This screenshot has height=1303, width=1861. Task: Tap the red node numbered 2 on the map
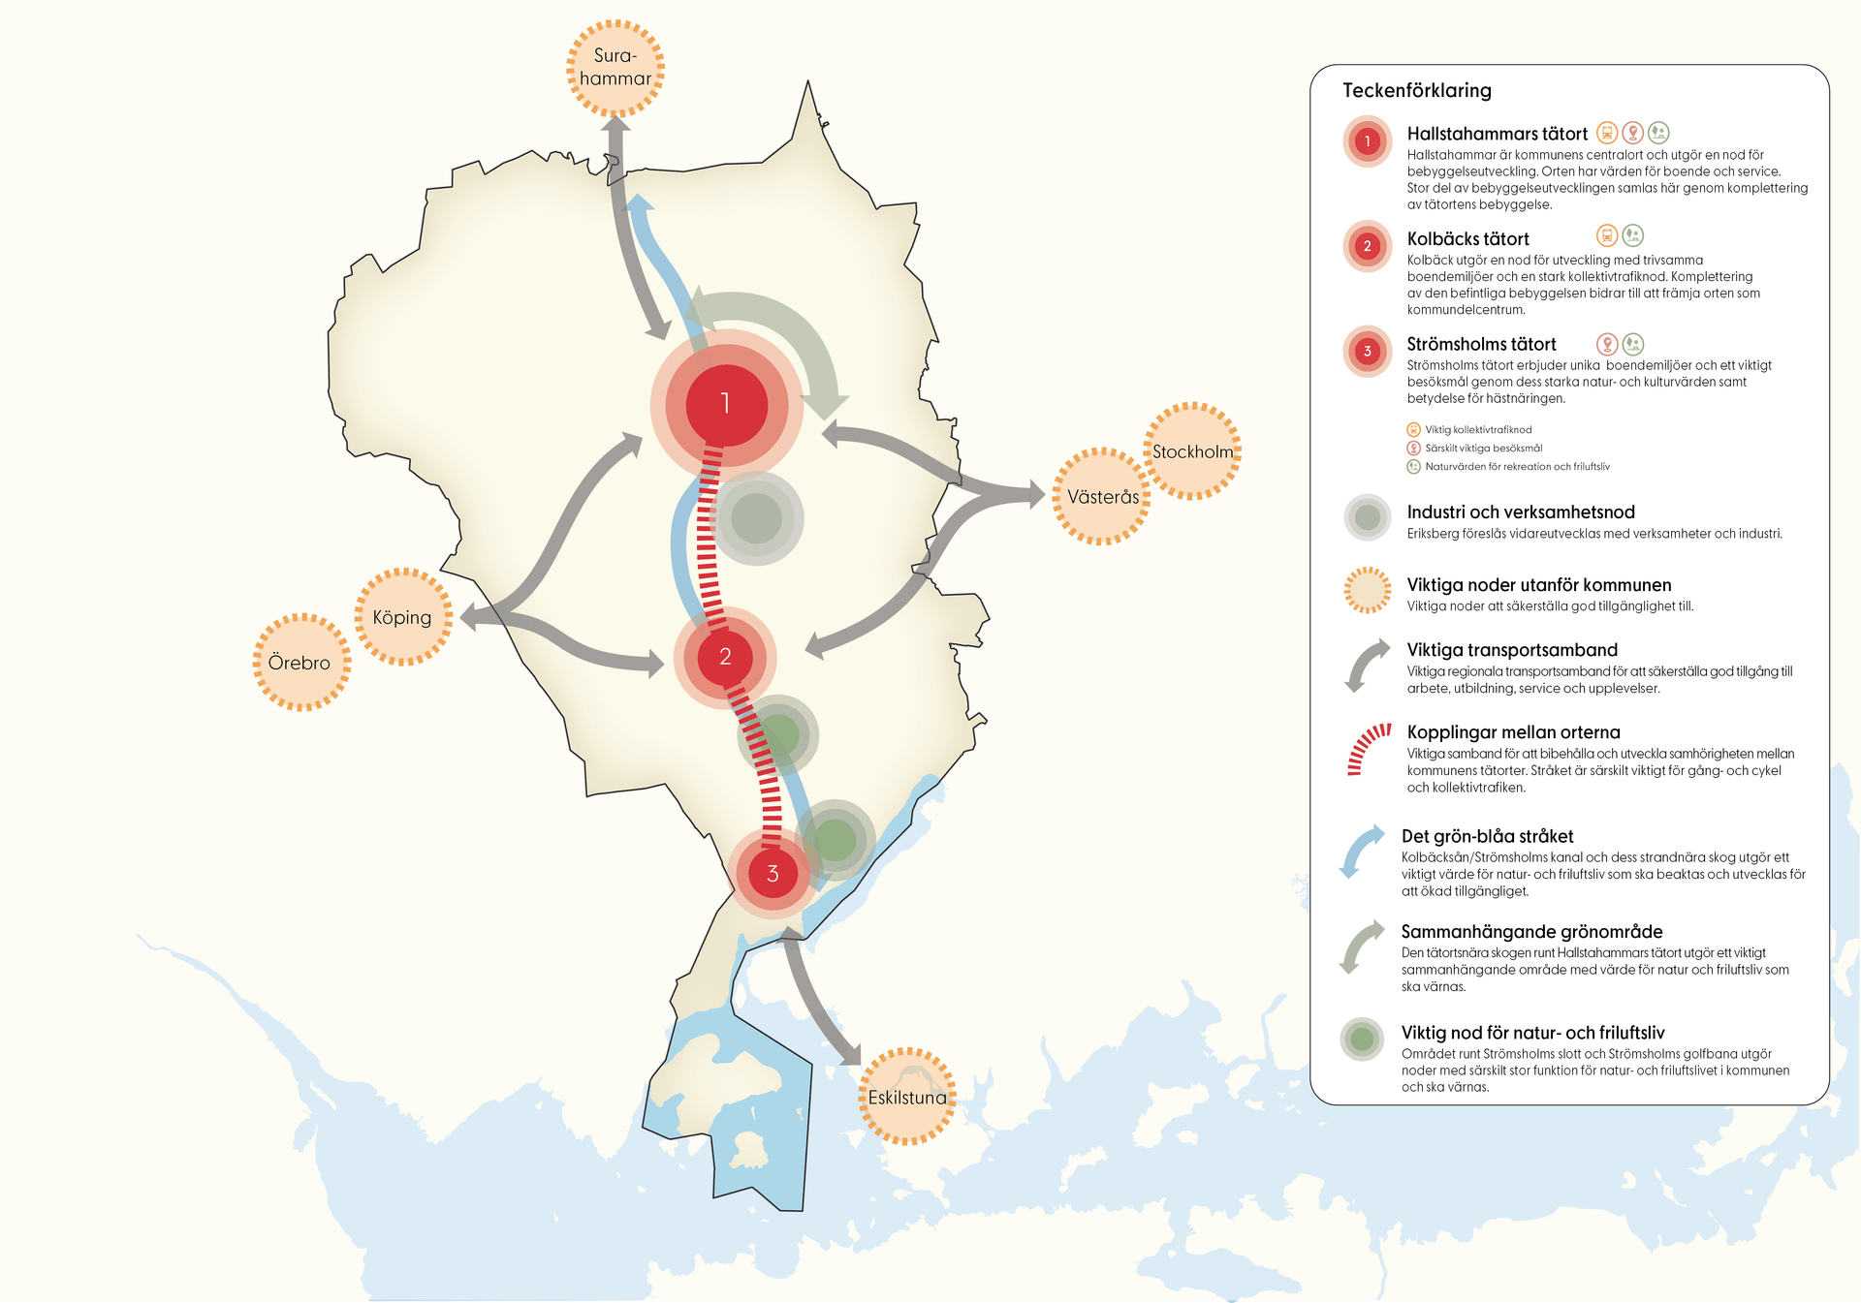coord(725,657)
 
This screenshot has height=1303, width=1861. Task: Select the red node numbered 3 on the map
coord(773,874)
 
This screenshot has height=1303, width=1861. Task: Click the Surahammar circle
coord(615,68)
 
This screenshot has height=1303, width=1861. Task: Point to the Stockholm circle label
coord(1192,451)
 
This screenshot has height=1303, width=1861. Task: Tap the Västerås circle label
coord(1103,497)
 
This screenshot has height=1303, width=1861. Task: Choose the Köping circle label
coord(402,617)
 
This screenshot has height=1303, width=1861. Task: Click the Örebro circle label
coord(300,663)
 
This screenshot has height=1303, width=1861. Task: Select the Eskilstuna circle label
coord(907,1097)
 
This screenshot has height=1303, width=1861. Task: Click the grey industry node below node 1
coord(757,518)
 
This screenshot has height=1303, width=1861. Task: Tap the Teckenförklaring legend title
coord(1416,90)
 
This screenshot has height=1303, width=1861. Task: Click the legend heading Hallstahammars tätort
coord(1497,134)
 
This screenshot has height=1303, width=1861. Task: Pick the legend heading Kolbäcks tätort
coord(1467,238)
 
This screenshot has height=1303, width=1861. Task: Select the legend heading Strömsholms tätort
coord(1481,344)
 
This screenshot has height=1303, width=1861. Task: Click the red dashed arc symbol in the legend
coord(1368,748)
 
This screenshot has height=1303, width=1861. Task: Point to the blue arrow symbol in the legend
coord(1362,851)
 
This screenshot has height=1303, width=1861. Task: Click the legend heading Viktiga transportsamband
coord(1511,649)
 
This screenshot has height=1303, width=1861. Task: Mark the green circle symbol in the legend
coord(1362,1039)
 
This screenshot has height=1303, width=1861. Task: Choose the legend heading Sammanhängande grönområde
coord(1531,931)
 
